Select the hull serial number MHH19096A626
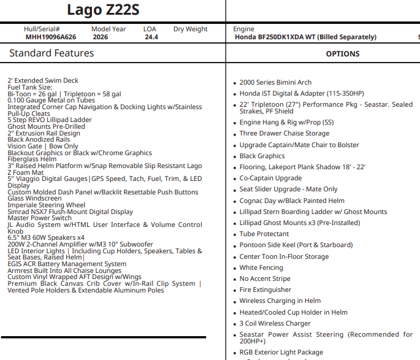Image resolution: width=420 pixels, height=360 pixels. click(51, 37)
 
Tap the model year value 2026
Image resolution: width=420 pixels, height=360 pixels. click(101, 37)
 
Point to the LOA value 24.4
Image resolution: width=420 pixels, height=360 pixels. click(151, 37)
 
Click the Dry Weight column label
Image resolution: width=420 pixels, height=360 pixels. click(190, 29)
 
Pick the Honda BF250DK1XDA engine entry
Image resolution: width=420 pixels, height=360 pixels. click(305, 37)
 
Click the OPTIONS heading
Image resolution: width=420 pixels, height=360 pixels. click(343, 54)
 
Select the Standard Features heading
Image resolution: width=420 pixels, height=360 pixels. click(52, 53)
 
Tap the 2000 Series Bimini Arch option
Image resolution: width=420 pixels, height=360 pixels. click(275, 82)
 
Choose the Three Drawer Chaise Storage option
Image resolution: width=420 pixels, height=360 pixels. click(284, 134)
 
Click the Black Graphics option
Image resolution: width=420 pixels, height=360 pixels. click(262, 156)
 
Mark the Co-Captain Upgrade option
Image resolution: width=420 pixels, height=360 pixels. click(270, 178)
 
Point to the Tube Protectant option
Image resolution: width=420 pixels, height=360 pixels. click(264, 234)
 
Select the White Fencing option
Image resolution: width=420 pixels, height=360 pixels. click(261, 267)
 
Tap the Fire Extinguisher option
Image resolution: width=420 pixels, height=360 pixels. click(265, 289)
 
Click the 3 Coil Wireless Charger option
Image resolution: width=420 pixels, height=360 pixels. click(275, 323)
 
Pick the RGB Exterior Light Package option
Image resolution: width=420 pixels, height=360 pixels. click(281, 353)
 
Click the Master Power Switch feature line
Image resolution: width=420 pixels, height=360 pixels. click(39, 218)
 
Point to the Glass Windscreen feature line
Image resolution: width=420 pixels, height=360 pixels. click(34, 198)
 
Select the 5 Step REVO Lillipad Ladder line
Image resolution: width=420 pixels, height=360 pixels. click(50, 120)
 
